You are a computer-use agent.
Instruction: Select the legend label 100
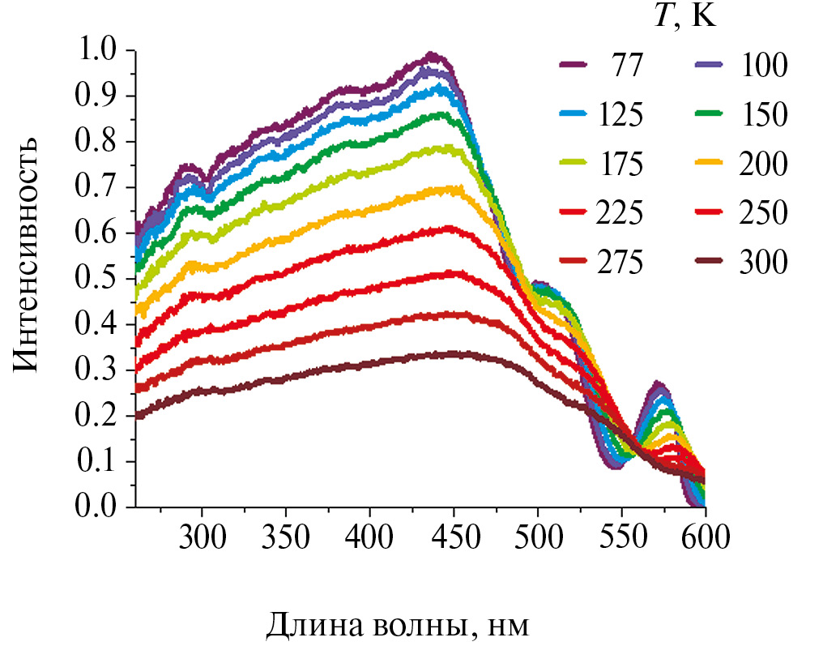point(763,66)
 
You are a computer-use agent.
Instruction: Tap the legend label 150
point(763,115)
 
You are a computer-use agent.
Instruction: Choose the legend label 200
point(763,164)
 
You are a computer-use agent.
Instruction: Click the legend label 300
point(763,263)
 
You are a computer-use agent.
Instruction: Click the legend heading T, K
point(684,17)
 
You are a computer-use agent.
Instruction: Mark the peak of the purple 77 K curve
point(433,55)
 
